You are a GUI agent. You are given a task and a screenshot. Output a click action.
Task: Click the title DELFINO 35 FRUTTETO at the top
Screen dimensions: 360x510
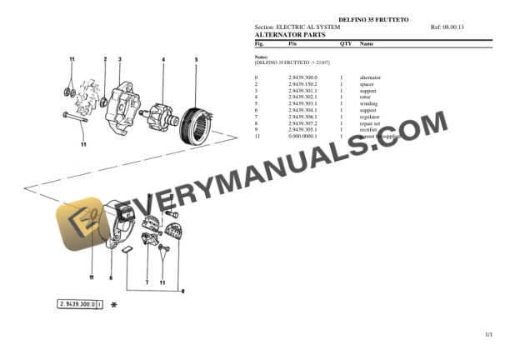pos(372,18)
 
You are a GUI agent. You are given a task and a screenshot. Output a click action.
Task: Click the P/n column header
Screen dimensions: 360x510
pos(292,43)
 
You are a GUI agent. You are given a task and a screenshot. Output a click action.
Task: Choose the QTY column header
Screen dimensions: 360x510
pos(345,43)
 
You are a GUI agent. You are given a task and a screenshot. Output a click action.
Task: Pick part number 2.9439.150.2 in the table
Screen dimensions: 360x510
pos(302,83)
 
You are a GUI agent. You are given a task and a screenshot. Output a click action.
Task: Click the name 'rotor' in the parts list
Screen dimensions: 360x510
pos(365,97)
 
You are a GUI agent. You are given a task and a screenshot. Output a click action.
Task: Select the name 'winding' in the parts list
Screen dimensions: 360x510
pos(367,103)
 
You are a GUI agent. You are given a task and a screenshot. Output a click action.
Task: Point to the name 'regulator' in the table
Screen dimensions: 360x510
pos(369,117)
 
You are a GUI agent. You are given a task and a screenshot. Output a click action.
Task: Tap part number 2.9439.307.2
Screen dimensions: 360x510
pos(302,123)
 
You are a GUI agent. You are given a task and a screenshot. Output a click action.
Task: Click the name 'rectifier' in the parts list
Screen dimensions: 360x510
pos(368,129)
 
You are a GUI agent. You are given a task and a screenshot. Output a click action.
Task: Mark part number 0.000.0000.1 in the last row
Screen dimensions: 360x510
pos(302,136)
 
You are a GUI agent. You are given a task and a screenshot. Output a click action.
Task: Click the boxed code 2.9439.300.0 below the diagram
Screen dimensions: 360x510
pos(77,305)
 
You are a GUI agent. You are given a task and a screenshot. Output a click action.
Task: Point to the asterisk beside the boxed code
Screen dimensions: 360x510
pos(114,305)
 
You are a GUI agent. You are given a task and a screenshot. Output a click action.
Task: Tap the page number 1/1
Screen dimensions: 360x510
pos(489,334)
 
